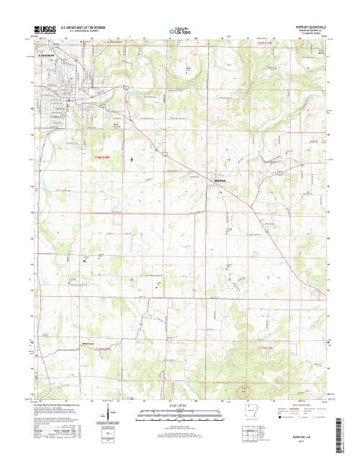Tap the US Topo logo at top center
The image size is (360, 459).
179,31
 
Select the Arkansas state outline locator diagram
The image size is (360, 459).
251,414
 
